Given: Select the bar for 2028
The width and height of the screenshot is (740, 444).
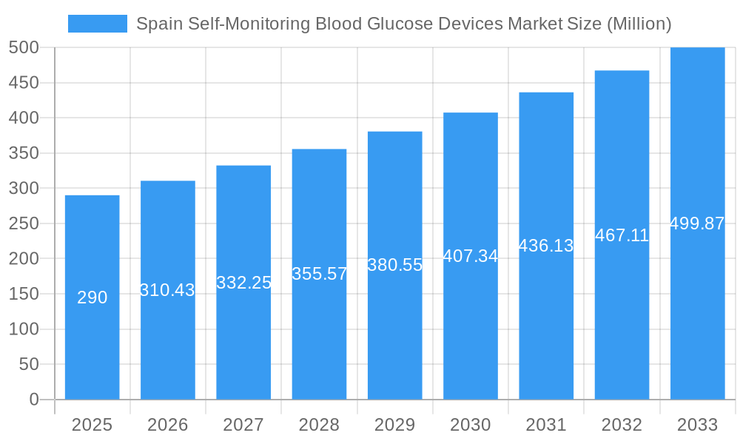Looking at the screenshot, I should click(319, 340).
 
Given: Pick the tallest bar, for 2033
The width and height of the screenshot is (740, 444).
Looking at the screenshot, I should click(697, 311).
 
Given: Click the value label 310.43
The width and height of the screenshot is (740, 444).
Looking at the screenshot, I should click(167, 290).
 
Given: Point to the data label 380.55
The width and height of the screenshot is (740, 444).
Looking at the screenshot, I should click(395, 265).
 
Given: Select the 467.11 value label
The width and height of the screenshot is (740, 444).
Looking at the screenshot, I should click(622, 235).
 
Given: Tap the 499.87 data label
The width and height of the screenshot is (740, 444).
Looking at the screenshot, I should click(697, 223).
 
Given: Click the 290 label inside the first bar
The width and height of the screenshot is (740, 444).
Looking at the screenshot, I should click(92, 297).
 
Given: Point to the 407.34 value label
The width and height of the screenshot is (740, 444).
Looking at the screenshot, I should click(471, 256).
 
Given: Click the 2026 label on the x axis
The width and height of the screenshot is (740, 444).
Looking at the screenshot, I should click(168, 425).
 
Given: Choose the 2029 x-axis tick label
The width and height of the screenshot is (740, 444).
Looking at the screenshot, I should click(395, 425).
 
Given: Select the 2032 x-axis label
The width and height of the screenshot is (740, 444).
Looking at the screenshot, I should click(622, 425).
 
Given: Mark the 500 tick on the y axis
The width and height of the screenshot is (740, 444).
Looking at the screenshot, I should click(24, 47).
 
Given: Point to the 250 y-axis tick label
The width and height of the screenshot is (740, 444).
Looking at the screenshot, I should click(24, 223).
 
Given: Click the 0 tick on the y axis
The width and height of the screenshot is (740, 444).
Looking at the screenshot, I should click(34, 400).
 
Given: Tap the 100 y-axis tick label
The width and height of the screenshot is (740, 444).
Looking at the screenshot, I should click(24, 329).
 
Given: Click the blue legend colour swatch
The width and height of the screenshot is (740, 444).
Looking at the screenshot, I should click(98, 24).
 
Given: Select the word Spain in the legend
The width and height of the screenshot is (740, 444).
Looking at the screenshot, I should click(156, 24).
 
